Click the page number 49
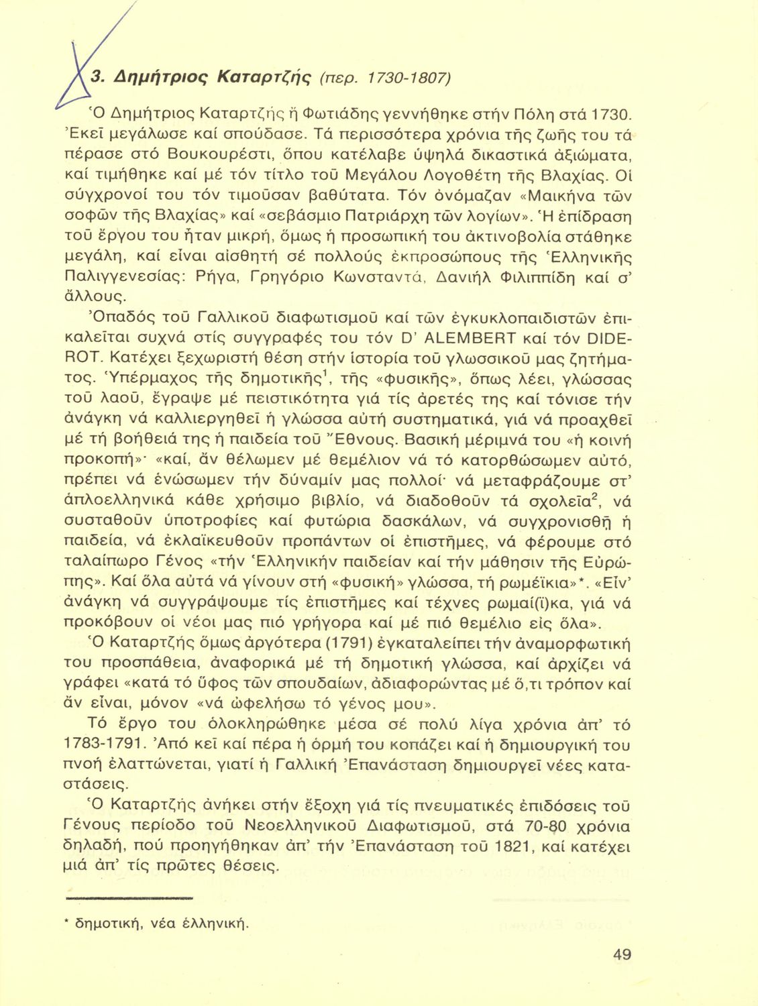pyautogui.click(x=622, y=954)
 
